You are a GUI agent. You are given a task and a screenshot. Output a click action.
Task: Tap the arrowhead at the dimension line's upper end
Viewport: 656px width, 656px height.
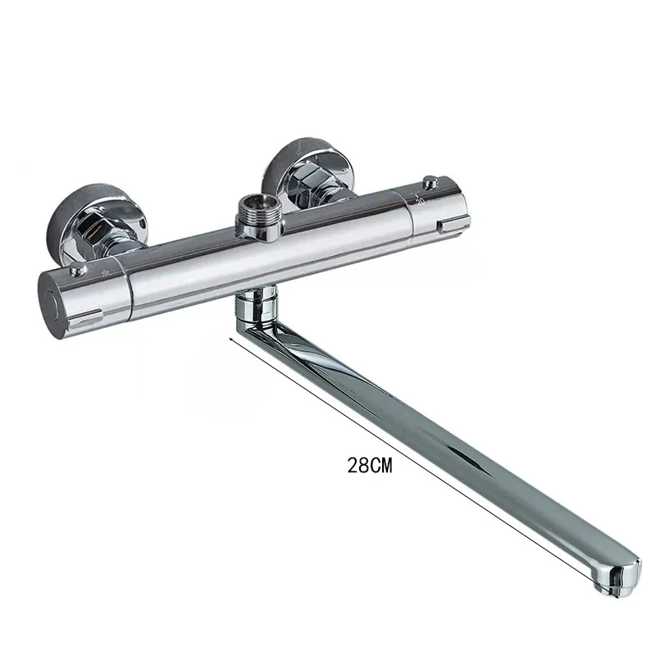click(232, 337)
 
